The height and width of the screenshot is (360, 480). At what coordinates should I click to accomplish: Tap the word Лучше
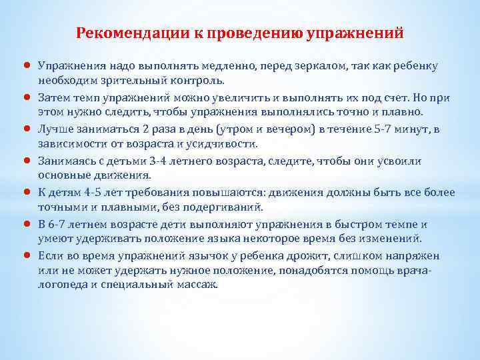53,127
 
